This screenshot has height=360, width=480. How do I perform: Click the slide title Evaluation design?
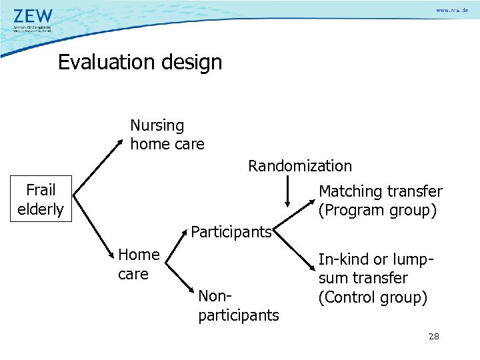coord(139,62)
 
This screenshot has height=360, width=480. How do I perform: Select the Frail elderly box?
coord(40,199)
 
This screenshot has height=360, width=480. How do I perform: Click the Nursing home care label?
coord(167,135)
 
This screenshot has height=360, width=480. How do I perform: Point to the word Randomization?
coord(300,166)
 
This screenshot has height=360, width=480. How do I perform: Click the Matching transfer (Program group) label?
coord(380,201)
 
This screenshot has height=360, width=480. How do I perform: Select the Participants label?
coord(231,232)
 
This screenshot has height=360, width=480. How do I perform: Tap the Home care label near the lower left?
coord(138,264)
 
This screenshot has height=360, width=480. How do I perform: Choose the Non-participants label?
coord(238,305)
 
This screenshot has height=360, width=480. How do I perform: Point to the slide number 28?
coord(433,337)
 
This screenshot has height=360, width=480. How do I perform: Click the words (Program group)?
coord(377,211)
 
